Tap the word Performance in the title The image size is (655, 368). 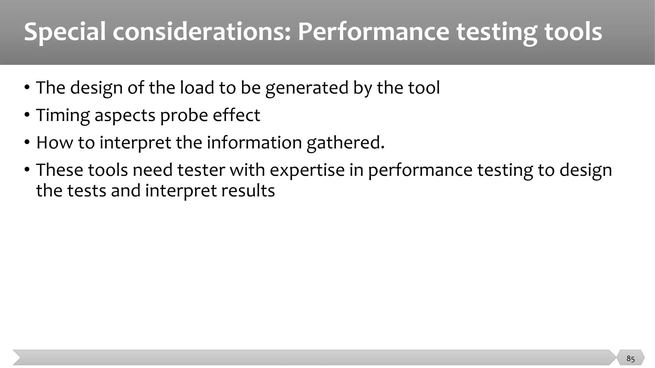(x=374, y=32)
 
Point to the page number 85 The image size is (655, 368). (x=630, y=358)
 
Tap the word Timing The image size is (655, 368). (x=63, y=115)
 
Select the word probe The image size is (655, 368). (x=184, y=115)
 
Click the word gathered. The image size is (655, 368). (x=345, y=142)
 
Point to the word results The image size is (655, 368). (x=248, y=191)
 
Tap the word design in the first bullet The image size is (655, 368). (x=96, y=88)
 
